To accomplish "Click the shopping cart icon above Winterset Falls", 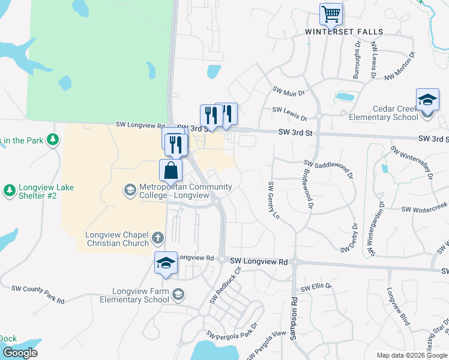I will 331,14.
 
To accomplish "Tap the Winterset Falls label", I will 344,32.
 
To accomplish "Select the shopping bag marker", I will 171,170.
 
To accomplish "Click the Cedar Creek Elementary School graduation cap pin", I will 427,100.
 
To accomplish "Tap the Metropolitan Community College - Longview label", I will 185,191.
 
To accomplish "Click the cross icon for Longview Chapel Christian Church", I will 158,238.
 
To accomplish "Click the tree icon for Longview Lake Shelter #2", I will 9,191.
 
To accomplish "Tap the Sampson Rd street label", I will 294,319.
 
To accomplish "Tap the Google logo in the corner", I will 19,353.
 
